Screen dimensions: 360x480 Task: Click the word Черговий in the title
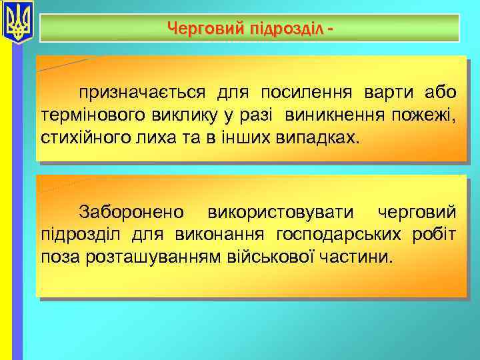199,29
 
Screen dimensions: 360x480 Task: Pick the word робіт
433,235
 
